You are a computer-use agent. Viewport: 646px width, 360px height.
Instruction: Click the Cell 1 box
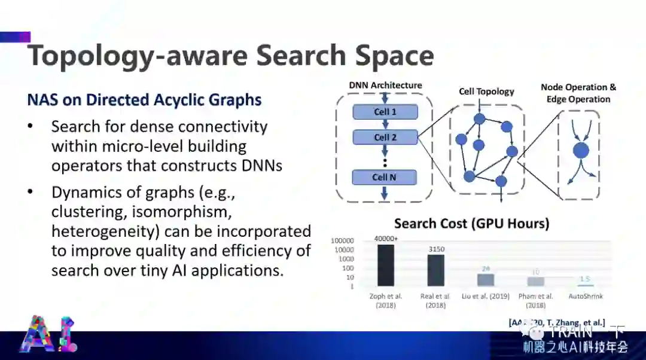click(x=385, y=112)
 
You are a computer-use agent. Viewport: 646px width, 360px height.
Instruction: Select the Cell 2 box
click(x=385, y=138)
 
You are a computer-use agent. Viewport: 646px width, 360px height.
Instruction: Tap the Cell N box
click(x=384, y=177)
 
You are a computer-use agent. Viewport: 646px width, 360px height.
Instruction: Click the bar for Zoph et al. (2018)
click(x=386, y=266)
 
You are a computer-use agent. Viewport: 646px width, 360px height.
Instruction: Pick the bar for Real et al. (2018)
click(x=435, y=270)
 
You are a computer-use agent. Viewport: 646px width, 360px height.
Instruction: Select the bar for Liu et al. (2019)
click(x=486, y=280)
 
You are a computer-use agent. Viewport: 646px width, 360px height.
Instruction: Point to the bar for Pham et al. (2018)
click(x=535, y=282)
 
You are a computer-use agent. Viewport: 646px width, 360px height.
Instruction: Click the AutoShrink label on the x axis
click(x=586, y=296)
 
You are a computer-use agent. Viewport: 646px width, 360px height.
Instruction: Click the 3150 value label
click(x=436, y=249)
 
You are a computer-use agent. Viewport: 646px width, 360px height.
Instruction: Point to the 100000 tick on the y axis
click(x=343, y=240)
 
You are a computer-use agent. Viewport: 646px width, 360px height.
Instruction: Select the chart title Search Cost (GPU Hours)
click(x=471, y=224)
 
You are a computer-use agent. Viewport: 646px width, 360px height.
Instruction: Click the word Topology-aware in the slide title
click(x=138, y=55)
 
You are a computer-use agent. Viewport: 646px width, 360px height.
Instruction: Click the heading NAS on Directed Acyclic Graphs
click(x=144, y=99)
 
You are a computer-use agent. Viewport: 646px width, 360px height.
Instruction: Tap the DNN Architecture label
click(x=385, y=86)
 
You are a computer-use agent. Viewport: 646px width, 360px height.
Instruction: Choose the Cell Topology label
click(x=486, y=91)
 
